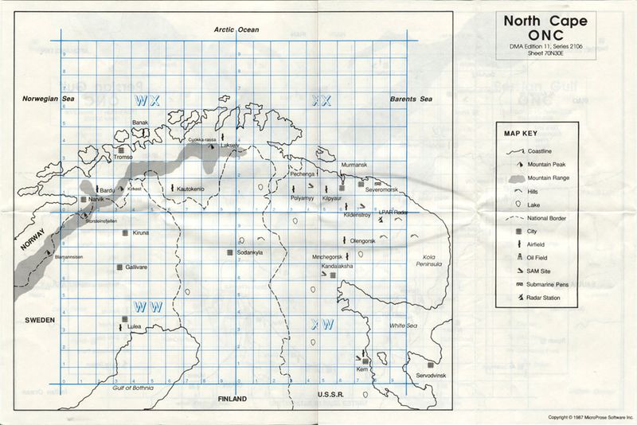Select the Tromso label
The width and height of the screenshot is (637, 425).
click(x=123, y=158)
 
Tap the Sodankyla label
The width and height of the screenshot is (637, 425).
click(x=249, y=252)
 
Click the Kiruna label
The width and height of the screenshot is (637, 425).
click(x=141, y=232)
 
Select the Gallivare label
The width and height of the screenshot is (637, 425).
click(x=138, y=267)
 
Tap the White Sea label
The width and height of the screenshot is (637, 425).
click(x=403, y=326)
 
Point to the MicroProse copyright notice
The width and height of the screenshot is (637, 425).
click(x=590, y=417)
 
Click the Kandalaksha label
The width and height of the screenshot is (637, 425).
click(x=338, y=265)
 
